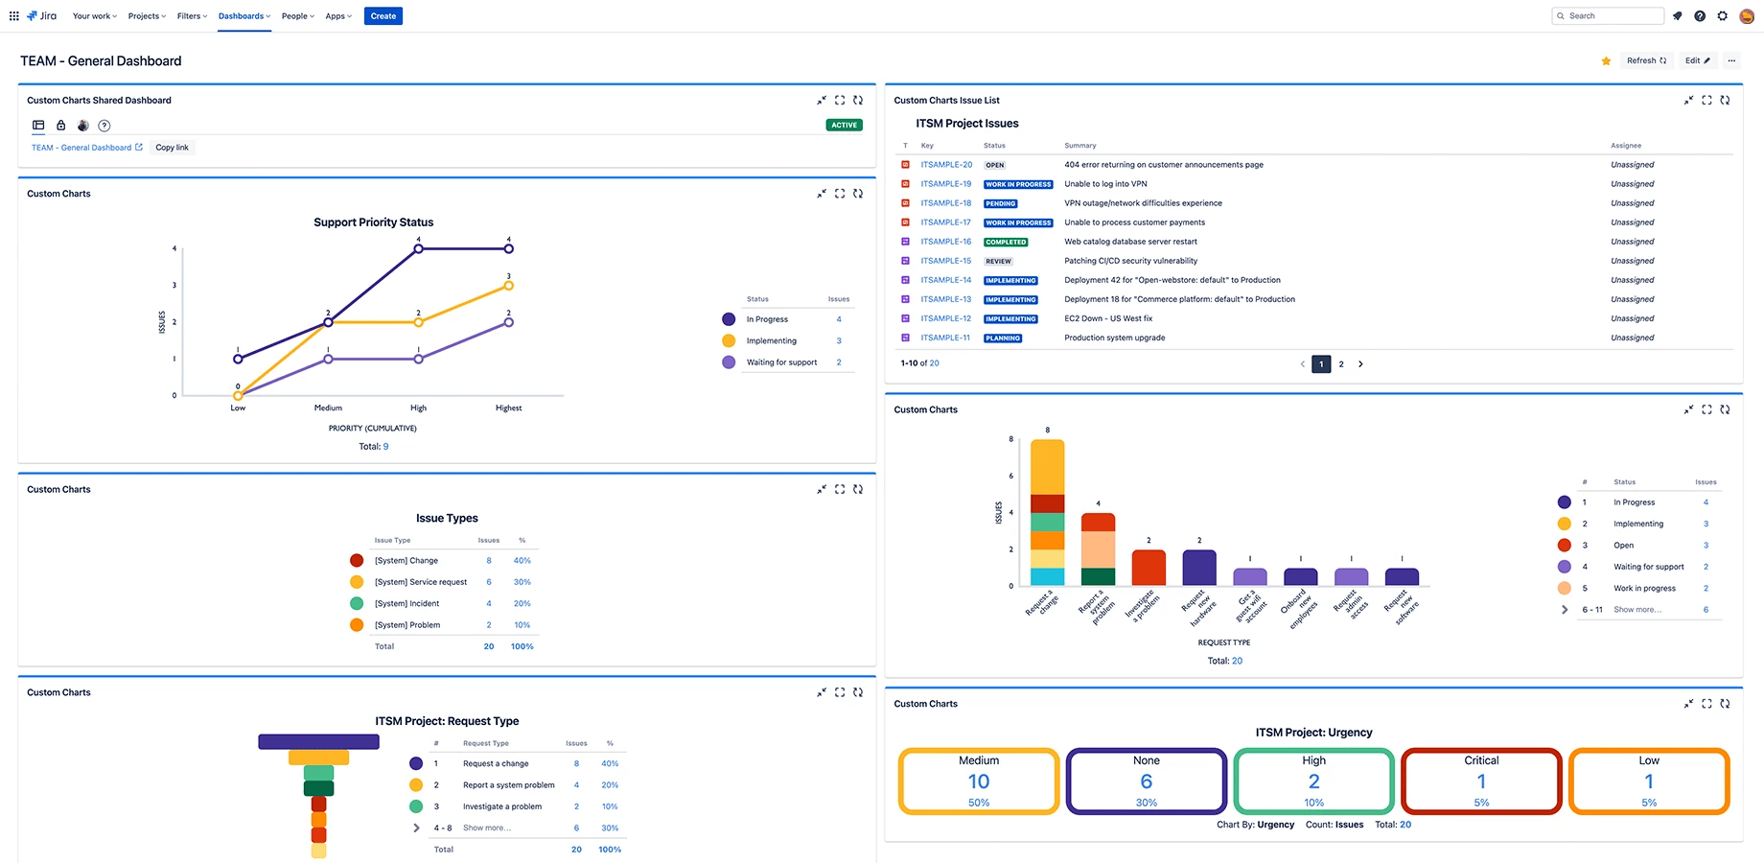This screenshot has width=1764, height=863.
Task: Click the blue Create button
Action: pyautogui.click(x=383, y=16)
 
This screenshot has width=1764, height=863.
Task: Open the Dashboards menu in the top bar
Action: pyautogui.click(x=244, y=16)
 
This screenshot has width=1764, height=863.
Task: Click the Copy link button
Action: pyautogui.click(x=172, y=148)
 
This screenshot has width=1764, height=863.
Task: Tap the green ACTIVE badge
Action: pyautogui.click(x=844, y=126)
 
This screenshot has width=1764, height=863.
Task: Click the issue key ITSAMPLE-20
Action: pyautogui.click(x=945, y=165)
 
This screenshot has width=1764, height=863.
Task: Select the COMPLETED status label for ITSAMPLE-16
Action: pyautogui.click(x=1006, y=243)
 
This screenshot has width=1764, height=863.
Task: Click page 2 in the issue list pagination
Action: pyautogui.click(x=1340, y=364)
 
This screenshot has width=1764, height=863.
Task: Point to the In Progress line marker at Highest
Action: pyautogui.click(x=509, y=249)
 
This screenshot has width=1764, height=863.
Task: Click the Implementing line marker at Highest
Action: pyautogui.click(x=509, y=286)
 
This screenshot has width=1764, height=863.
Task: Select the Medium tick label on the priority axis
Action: pyautogui.click(x=328, y=408)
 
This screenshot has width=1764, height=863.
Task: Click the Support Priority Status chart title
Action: pyautogui.click(x=373, y=222)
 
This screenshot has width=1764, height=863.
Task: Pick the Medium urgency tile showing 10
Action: pyautogui.click(x=978, y=781)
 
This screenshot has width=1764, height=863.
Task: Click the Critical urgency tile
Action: pyautogui.click(x=1480, y=781)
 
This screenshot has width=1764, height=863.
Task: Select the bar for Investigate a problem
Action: pyautogui.click(x=1149, y=568)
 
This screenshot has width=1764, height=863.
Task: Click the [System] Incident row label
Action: pyautogui.click(x=406, y=604)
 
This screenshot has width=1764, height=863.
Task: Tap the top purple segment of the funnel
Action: pyautogui.click(x=318, y=742)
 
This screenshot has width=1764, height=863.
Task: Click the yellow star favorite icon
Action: pyautogui.click(x=1606, y=61)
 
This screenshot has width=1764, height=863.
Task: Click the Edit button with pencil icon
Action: pyautogui.click(x=1697, y=61)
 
